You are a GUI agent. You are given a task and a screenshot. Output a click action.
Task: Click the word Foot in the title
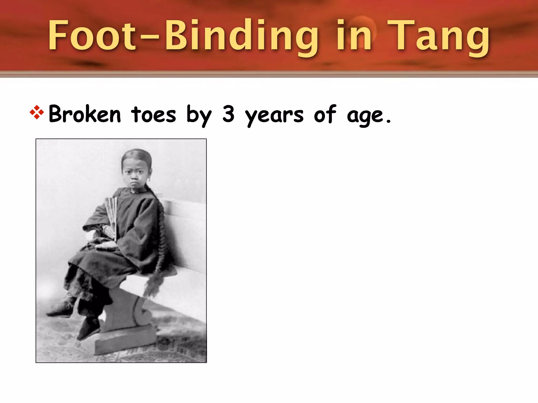coord(92,35)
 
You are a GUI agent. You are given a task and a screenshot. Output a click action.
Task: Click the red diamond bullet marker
coord(37,112)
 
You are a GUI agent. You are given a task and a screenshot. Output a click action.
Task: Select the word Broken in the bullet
coord(85,114)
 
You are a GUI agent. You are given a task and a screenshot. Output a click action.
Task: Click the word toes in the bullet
coord(153,115)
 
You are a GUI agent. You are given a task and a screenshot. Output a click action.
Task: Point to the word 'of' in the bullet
coord(325,114)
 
